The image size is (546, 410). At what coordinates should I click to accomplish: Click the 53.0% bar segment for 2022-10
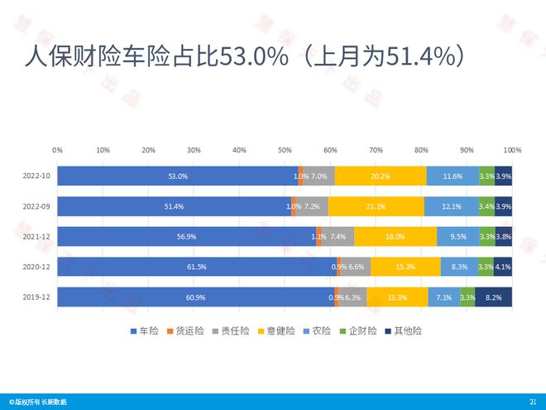[178, 176]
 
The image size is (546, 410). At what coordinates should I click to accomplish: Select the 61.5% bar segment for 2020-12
[197, 266]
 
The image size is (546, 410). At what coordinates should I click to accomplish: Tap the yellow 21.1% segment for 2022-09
[376, 206]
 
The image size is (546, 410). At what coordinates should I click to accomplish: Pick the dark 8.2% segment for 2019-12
[493, 297]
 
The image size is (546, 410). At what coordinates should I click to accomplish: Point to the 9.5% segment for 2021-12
[458, 236]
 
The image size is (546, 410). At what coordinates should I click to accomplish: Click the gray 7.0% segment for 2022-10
[319, 176]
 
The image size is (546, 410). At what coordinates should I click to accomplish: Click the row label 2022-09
[37, 206]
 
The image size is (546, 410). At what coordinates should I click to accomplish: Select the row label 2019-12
[37, 297]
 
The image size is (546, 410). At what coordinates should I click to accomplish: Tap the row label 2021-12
[37, 236]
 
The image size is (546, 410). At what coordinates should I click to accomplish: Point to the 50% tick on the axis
[285, 150]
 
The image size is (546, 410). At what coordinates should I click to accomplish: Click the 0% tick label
[57, 150]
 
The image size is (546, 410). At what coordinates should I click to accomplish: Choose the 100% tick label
[511, 150]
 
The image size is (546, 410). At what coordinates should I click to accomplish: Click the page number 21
[532, 402]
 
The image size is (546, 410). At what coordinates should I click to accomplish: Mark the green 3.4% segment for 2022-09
[487, 206]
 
